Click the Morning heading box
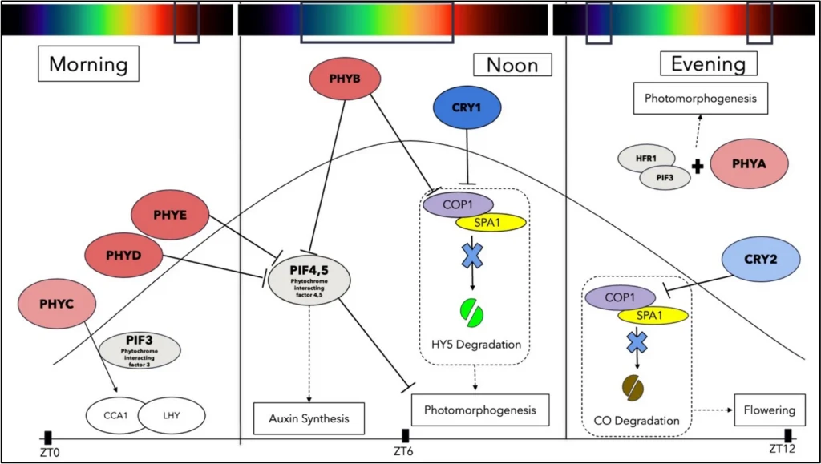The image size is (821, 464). click(88, 63)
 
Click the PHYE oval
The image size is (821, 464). click(170, 214)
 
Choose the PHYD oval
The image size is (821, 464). click(123, 254)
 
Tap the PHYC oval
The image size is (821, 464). click(56, 303)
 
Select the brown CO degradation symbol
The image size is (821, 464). click(633, 389)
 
